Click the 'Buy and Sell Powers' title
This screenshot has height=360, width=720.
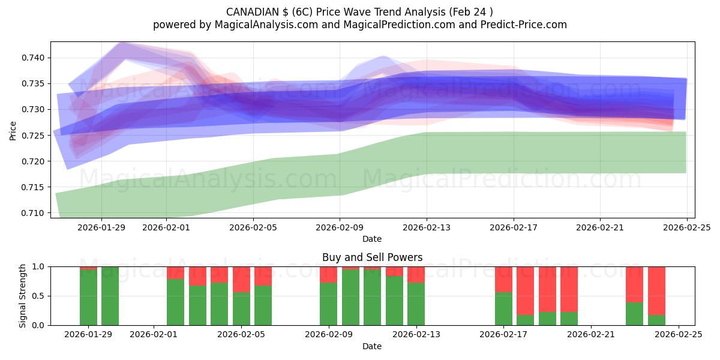point(372,257)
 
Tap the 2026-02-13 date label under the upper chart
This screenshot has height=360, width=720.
point(427,227)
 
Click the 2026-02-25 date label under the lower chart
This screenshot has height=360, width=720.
point(678,335)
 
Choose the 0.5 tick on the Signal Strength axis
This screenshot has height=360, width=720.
point(39,296)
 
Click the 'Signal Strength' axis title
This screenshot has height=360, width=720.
point(22,296)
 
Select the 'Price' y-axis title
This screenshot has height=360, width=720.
point(13,130)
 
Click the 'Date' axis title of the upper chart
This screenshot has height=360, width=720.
point(372,239)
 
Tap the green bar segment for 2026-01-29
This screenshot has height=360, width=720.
point(88,298)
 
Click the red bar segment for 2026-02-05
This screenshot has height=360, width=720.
point(241,279)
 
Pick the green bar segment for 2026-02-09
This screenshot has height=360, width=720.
point(328,304)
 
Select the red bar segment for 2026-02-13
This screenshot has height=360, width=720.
point(416,274)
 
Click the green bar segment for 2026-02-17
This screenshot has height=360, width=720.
point(503,309)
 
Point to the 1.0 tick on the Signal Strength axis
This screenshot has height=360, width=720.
point(39,266)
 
